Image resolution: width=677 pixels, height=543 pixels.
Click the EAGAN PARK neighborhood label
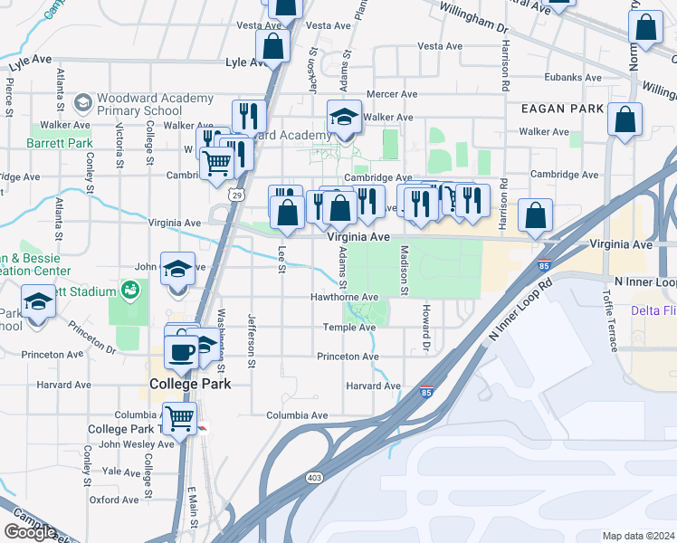(x=562, y=108)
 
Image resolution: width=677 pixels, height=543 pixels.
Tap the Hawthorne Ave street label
(x=344, y=297)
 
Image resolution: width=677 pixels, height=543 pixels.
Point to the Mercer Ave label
(x=391, y=93)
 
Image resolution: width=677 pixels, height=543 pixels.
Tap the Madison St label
(x=405, y=269)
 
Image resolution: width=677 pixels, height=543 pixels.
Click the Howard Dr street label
(x=424, y=328)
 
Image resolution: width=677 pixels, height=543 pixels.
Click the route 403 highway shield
(x=314, y=477)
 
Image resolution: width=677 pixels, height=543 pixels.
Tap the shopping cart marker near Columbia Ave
(x=180, y=418)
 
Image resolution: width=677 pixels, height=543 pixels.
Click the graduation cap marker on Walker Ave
(x=344, y=117)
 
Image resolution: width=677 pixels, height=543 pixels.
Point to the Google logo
(x=30, y=532)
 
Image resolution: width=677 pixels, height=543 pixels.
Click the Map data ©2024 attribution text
(x=638, y=536)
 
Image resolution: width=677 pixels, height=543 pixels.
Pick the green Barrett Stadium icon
(x=130, y=291)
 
